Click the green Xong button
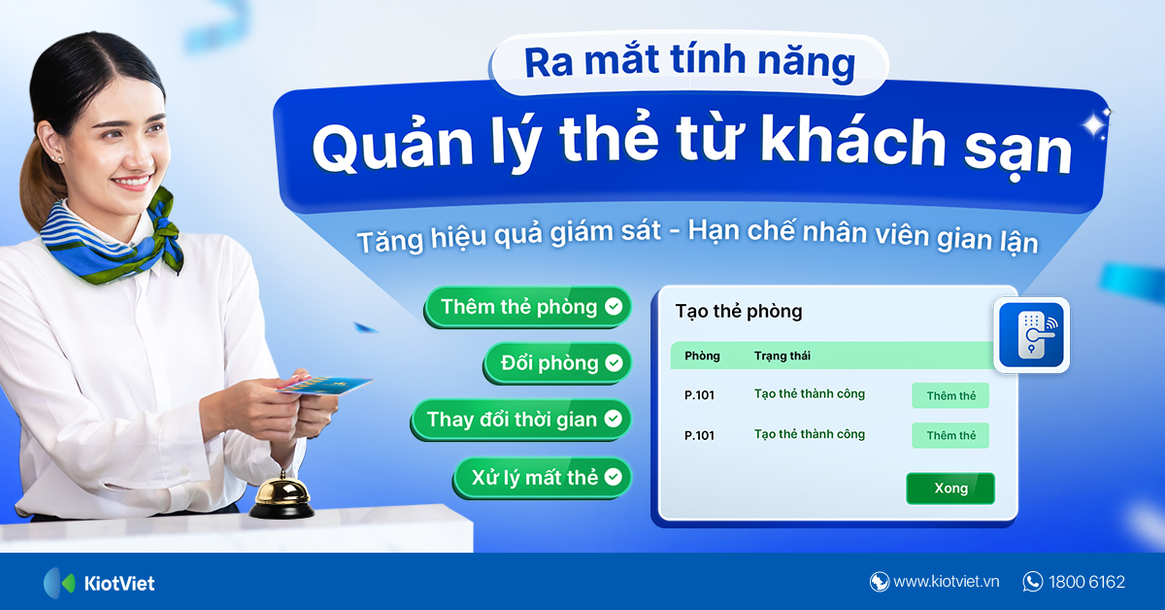(x=950, y=489)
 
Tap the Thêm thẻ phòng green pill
(x=527, y=307)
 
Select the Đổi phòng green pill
(x=557, y=363)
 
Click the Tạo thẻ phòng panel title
(x=739, y=312)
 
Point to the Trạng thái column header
(x=782, y=356)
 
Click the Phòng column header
(x=702, y=356)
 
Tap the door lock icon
(x=1032, y=335)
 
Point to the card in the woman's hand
(x=330, y=386)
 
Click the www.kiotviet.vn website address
(x=946, y=582)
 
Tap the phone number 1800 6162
(x=1086, y=582)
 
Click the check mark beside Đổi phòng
(x=614, y=363)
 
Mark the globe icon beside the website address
(x=880, y=582)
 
